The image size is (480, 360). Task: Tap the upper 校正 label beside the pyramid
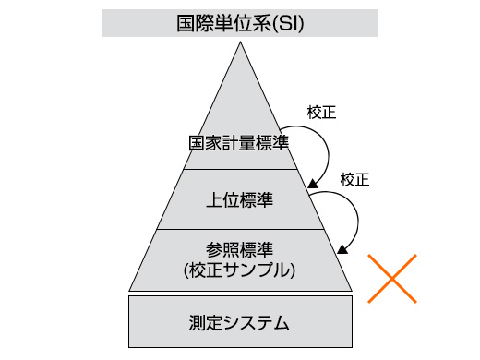320,114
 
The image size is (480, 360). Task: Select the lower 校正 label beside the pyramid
354,179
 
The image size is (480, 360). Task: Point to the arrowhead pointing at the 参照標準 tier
343,247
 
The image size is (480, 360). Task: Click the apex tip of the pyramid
240,44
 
